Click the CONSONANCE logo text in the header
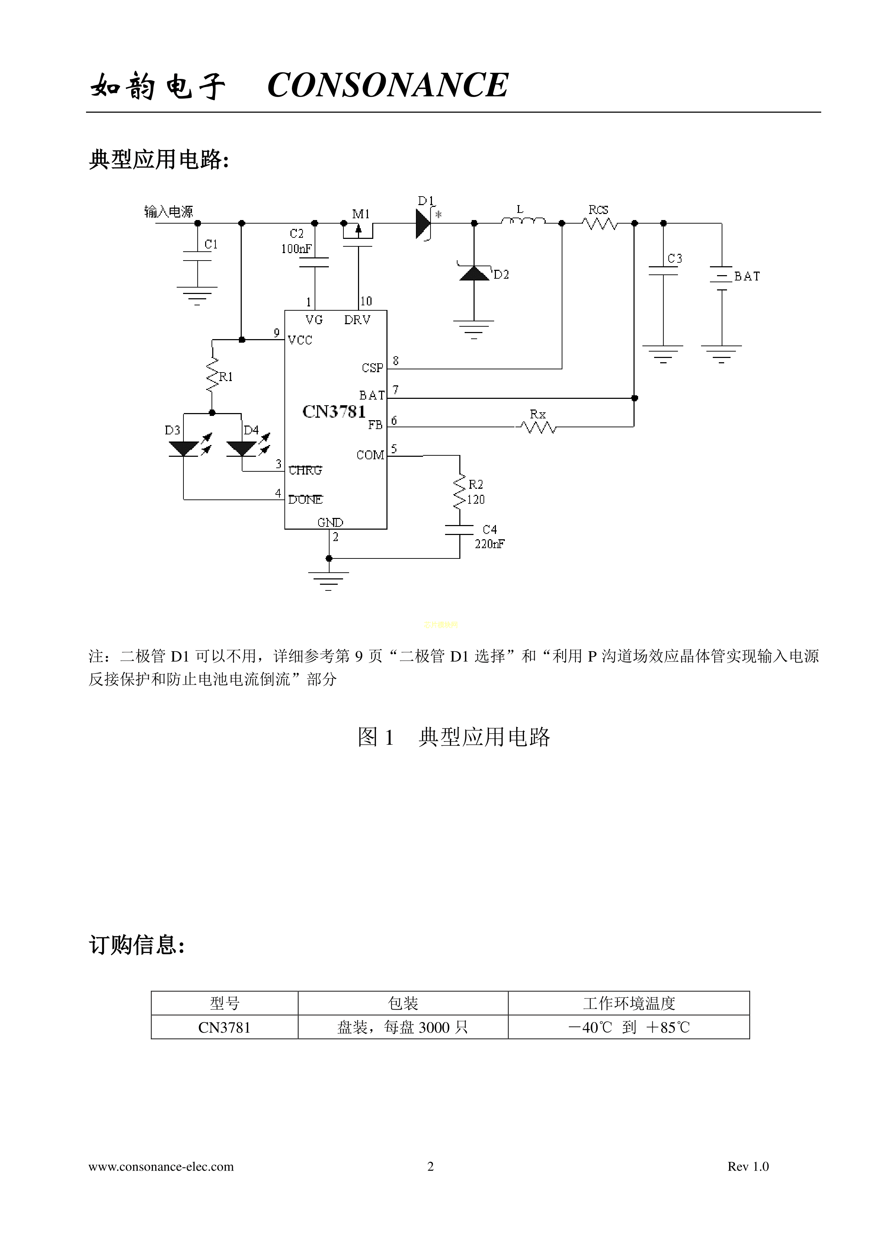388,85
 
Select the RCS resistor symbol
600,223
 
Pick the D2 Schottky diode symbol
474,273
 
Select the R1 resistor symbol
212,375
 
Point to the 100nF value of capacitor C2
296,249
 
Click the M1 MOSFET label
360,214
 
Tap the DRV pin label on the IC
357,320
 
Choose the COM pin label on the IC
370,455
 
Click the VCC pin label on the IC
300,341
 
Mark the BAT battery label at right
747,277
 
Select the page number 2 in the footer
431,1166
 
